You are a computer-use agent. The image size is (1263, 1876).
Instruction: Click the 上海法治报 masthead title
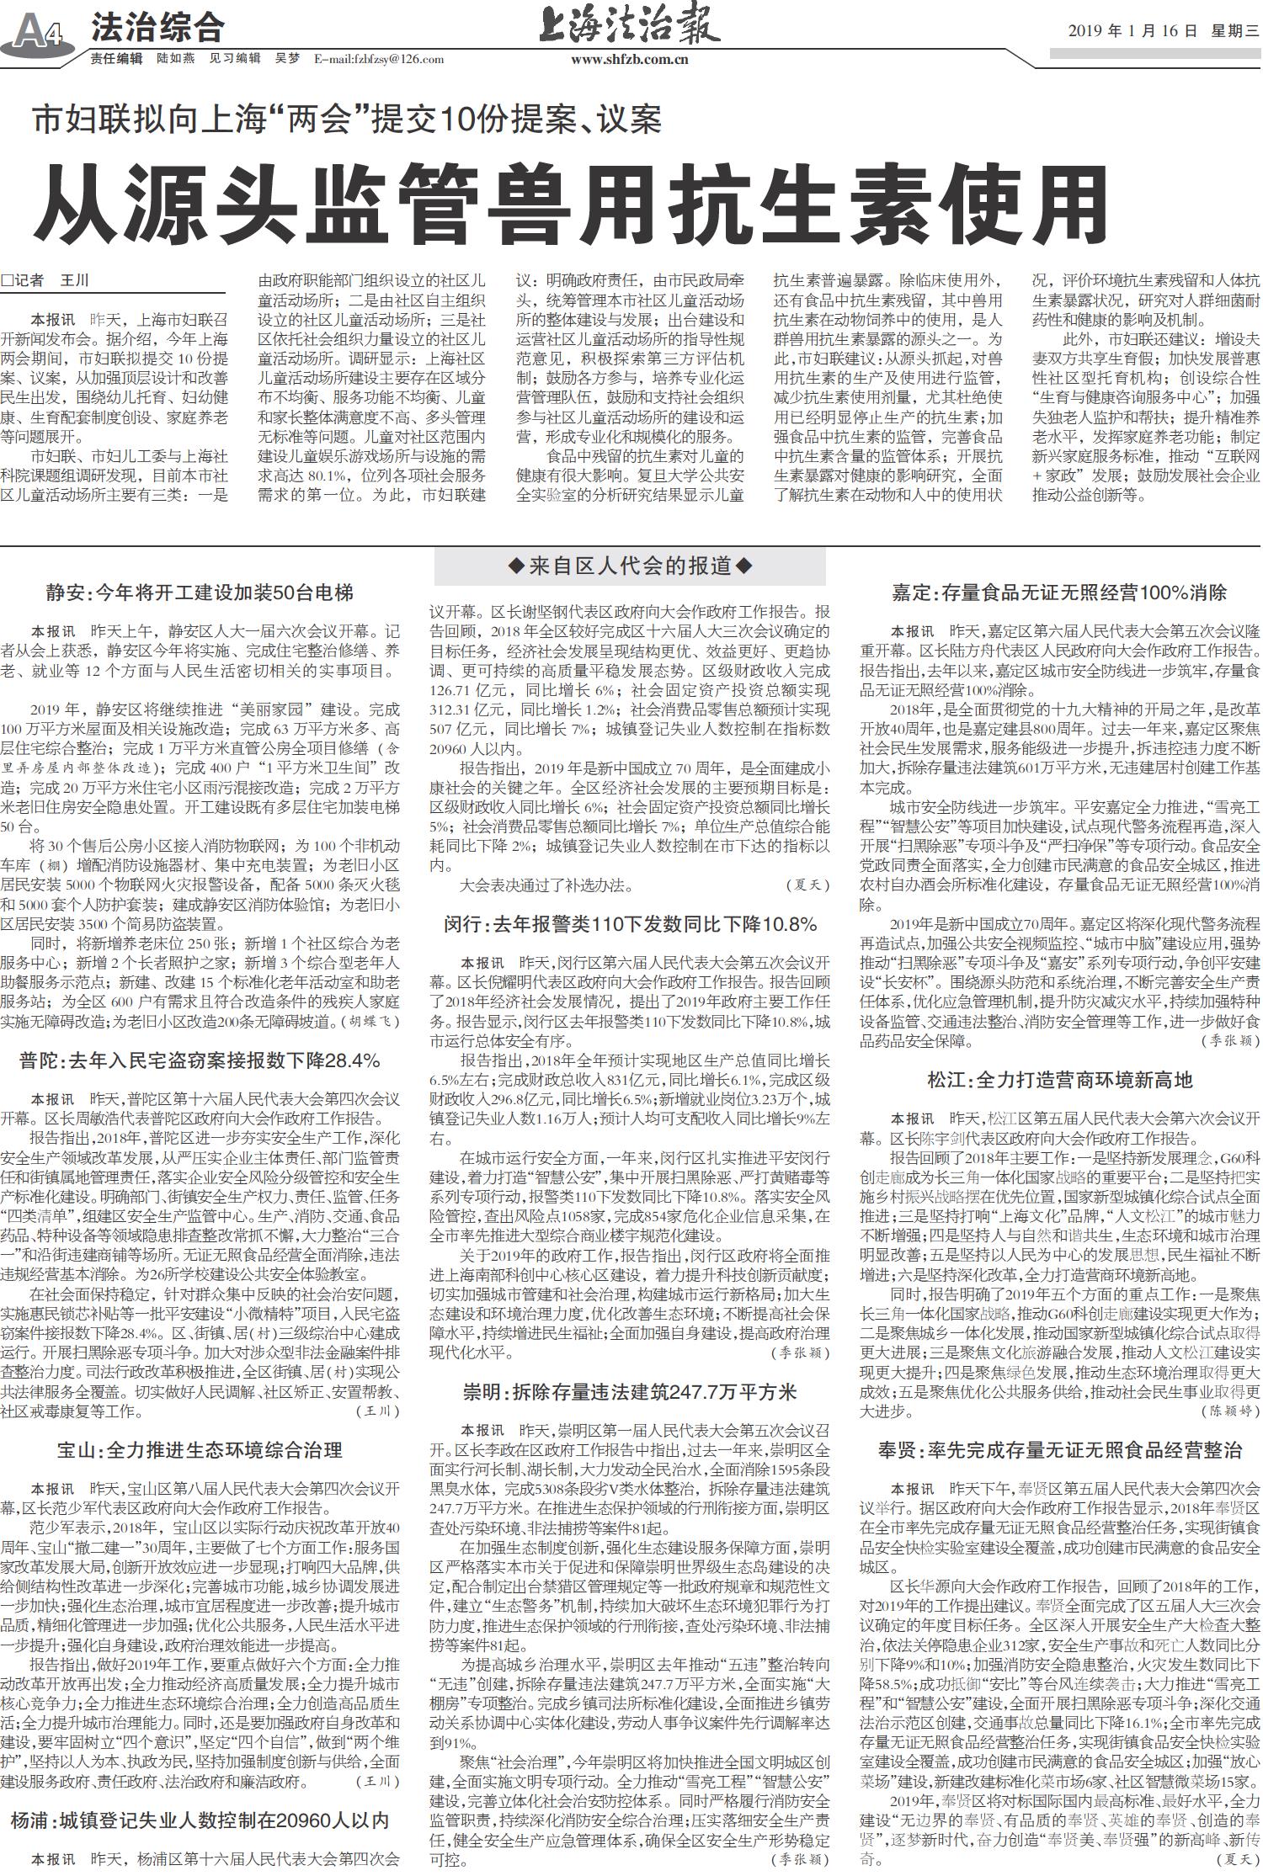629,27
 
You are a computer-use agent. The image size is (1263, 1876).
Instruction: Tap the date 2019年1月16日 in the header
1132,31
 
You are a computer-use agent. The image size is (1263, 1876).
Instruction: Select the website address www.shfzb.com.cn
629,59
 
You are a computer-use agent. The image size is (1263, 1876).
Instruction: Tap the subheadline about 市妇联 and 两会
347,120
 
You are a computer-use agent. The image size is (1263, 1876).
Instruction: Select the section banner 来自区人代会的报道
628,566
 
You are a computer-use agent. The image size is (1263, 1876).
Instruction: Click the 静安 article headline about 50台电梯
199,593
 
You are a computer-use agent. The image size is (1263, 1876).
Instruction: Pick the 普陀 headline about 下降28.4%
199,1060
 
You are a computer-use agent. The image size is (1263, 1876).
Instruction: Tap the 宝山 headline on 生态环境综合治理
199,1450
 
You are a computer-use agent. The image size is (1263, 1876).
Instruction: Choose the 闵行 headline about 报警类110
630,925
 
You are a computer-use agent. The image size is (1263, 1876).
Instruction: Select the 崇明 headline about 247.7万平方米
630,1392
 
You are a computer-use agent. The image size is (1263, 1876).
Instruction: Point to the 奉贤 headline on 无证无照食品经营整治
1059,1450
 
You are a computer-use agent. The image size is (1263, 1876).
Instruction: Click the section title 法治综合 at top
157,29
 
